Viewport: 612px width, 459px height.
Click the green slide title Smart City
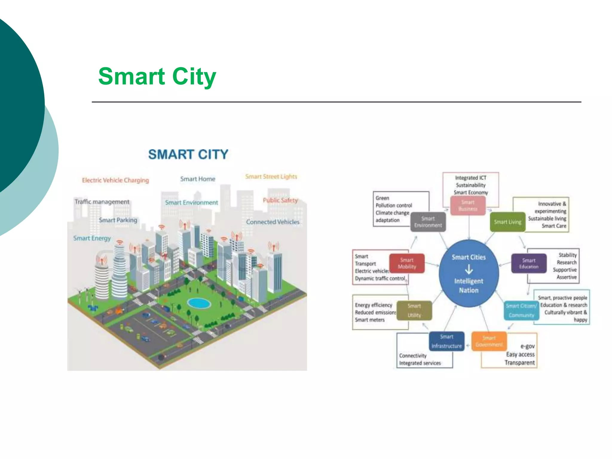(x=157, y=76)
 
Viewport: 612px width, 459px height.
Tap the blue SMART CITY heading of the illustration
(x=188, y=154)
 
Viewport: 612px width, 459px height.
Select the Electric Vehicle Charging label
(x=115, y=180)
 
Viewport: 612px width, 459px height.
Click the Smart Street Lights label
(x=271, y=177)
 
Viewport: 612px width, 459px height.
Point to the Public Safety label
(x=280, y=200)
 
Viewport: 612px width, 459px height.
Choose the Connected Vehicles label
(x=273, y=222)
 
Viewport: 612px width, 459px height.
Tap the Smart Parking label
(x=118, y=220)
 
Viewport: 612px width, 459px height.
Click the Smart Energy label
(x=92, y=238)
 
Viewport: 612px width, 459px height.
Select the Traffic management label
(x=102, y=202)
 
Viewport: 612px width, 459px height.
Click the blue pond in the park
(x=199, y=303)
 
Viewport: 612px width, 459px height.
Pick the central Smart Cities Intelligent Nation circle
(x=469, y=273)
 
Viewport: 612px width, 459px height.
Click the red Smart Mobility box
(x=407, y=263)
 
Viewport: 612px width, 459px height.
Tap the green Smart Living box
(x=507, y=222)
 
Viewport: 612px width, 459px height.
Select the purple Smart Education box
(x=529, y=263)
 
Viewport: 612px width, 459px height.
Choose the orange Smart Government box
(x=489, y=341)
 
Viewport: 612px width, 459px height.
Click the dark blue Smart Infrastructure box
(x=447, y=341)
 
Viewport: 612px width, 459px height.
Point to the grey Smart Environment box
(x=428, y=222)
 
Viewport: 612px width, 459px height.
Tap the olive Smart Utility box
(x=414, y=310)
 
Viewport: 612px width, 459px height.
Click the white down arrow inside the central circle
(x=469, y=270)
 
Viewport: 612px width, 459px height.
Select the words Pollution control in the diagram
(x=394, y=206)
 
